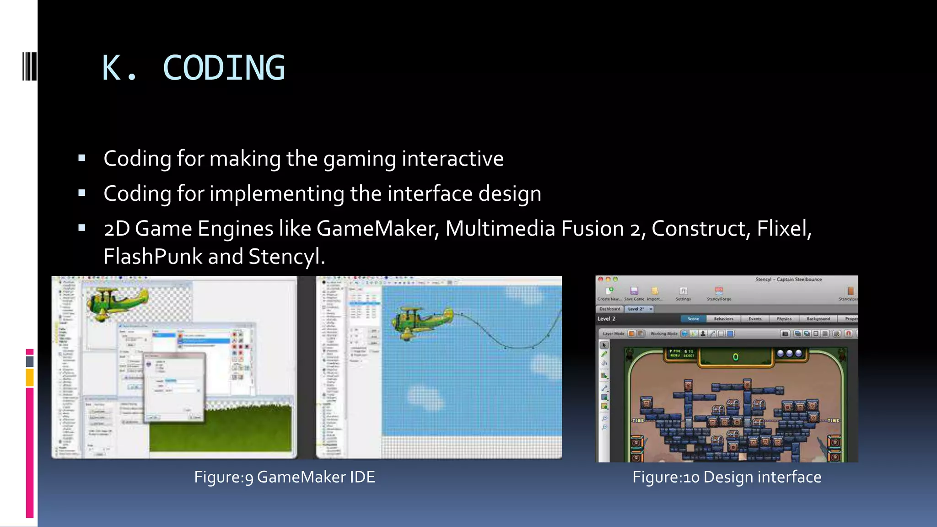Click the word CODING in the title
point(224,68)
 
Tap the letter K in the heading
point(111,68)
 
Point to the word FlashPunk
point(153,256)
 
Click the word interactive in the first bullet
point(452,158)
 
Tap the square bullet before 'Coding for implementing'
point(82,193)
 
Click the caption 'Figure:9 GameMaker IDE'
point(284,477)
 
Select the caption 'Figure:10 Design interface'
point(727,477)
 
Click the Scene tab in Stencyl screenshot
point(693,319)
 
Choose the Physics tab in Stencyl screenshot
point(784,319)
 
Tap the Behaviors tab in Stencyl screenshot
point(723,319)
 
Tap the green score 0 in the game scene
point(735,357)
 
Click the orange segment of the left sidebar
point(30,378)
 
